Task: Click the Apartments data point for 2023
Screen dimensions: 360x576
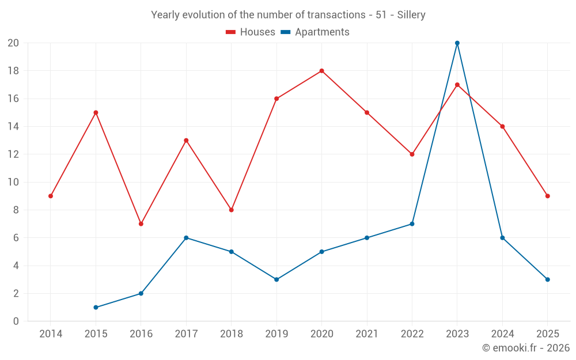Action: (457, 43)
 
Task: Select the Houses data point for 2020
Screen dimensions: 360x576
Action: (321, 71)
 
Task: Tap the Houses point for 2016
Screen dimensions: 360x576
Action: (141, 223)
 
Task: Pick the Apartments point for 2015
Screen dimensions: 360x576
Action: (96, 307)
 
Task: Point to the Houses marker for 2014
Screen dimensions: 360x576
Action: (51, 196)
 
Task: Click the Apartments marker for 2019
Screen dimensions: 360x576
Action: (276, 279)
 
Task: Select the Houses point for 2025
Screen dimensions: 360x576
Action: (547, 196)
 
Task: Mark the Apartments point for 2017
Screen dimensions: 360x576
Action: (186, 238)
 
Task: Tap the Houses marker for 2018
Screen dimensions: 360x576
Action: (231, 210)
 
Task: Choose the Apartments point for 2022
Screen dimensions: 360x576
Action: (412, 223)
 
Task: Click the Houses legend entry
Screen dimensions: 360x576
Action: (251, 32)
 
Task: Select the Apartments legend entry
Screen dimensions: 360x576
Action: (315, 32)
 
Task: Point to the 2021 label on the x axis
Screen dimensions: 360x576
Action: (367, 334)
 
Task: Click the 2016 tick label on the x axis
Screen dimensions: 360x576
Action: (141, 334)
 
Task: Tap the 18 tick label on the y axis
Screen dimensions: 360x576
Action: (13, 71)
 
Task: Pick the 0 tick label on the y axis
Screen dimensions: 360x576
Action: (16, 321)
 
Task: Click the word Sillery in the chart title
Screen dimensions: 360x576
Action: (411, 15)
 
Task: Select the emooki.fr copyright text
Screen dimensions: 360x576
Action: (526, 348)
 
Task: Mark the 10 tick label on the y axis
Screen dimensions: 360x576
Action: (13, 182)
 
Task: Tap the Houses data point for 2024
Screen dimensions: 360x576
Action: (502, 126)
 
